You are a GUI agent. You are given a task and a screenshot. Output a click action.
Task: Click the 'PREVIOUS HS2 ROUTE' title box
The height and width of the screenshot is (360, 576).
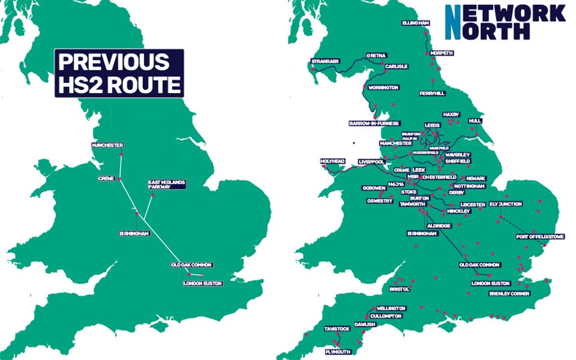pyautogui.click(x=119, y=73)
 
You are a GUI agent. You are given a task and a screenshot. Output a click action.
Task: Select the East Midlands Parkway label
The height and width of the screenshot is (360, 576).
pyautogui.click(x=168, y=184)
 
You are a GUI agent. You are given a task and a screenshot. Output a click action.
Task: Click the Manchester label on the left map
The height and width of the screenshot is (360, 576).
pyautogui.click(x=107, y=146)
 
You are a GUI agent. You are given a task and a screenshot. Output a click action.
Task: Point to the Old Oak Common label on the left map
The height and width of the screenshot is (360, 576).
pyautogui.click(x=192, y=265)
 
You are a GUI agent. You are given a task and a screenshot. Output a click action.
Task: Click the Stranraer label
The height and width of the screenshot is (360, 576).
pyautogui.click(x=326, y=61)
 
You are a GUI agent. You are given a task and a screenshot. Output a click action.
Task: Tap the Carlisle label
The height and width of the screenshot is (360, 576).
pyautogui.click(x=397, y=67)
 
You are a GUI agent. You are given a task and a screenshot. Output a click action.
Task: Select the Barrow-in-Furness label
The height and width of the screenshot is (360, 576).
pyautogui.click(x=374, y=124)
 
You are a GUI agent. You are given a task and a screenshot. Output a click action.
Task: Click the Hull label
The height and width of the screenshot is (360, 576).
pyautogui.click(x=476, y=121)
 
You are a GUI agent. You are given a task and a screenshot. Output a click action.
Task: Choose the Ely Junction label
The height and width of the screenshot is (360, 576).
pyautogui.click(x=506, y=204)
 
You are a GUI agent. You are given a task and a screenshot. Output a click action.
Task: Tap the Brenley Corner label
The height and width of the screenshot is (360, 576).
pyautogui.click(x=509, y=294)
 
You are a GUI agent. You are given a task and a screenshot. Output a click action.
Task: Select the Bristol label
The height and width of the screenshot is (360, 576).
pyautogui.click(x=398, y=289)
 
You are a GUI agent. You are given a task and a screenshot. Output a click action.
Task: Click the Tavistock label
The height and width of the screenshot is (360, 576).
pyautogui.click(x=337, y=329)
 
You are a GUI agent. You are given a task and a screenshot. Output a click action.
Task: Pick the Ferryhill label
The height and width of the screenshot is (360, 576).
pyautogui.click(x=433, y=94)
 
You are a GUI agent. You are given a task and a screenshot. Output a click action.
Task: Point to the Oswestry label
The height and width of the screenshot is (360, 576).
pyautogui.click(x=379, y=201)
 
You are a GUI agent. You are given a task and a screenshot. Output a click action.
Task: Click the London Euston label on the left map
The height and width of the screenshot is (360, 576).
pyautogui.click(x=203, y=283)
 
